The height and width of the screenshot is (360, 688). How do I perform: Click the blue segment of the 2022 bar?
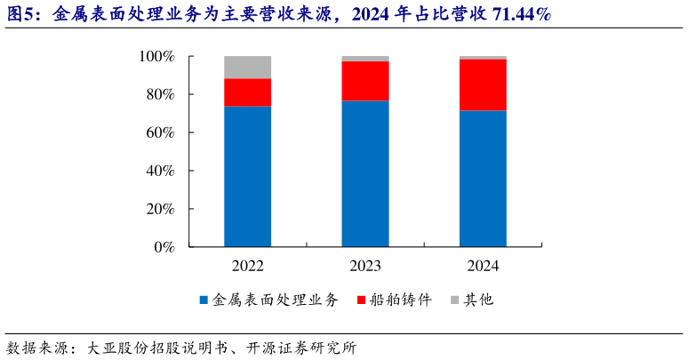(x=248, y=176)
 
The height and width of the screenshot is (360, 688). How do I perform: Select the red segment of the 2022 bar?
(x=248, y=92)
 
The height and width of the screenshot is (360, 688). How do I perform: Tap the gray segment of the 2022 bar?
(x=248, y=68)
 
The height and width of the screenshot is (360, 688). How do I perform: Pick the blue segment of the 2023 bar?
(x=365, y=173)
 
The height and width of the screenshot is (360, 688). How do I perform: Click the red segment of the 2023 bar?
(x=365, y=81)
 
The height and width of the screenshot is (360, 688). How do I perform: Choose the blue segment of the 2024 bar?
(x=483, y=179)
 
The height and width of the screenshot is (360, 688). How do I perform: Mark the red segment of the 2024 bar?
(x=483, y=85)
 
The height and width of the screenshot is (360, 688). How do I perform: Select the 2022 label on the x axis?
(x=248, y=266)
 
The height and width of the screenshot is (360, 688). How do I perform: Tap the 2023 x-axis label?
(x=365, y=266)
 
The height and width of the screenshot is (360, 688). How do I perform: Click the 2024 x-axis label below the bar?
(x=483, y=266)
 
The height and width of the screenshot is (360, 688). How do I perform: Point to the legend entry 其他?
(x=478, y=300)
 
